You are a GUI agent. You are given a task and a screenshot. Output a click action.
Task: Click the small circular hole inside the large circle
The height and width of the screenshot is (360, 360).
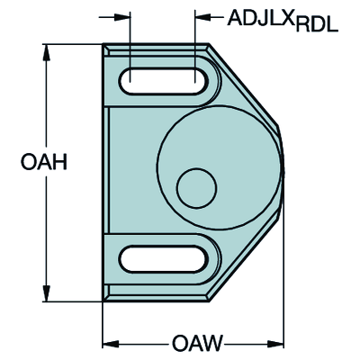tap(197, 187)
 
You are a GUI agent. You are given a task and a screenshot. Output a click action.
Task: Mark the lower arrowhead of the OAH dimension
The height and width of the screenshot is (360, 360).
tap(46, 296)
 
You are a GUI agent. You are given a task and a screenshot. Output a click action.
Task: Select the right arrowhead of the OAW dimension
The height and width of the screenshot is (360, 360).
tap(279, 343)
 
